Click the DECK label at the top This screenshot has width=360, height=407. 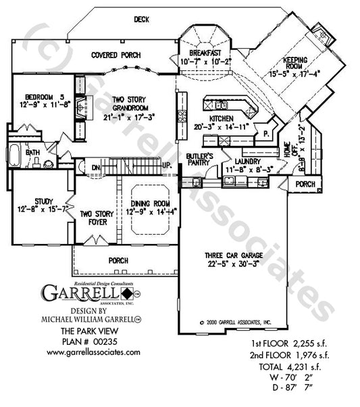click(141, 19)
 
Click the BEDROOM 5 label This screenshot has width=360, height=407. click(39, 96)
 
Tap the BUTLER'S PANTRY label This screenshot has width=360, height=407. click(200, 160)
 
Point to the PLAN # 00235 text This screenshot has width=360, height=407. click(93, 342)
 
